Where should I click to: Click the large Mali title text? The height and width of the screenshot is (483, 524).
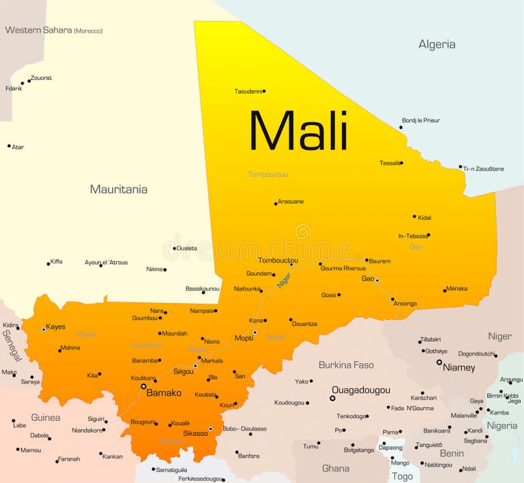298,130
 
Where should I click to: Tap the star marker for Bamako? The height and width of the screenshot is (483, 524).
143,386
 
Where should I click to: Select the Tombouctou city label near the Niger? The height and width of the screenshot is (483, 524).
278,260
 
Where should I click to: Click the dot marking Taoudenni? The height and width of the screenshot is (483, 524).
264,91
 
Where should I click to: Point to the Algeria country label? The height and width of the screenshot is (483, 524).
437,44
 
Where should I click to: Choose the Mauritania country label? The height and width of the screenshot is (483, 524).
119,189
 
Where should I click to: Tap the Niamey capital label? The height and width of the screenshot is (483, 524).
459,367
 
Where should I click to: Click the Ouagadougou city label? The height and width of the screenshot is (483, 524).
361,390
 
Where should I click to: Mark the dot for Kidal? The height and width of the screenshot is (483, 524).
414,217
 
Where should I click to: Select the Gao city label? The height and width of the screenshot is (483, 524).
367,278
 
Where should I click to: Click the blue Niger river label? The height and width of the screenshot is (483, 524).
284,279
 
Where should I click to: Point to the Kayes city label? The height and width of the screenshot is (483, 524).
55,327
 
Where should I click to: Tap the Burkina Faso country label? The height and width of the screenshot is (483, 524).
346,365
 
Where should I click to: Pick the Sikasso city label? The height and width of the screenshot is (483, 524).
196,433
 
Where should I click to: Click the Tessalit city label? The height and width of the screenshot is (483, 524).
390,163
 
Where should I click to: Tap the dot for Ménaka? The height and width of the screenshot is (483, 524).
444,290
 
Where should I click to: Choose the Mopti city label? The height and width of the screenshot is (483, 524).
244,338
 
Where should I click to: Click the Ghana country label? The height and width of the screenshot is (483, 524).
335,468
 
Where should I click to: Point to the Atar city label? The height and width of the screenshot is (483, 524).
18,147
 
